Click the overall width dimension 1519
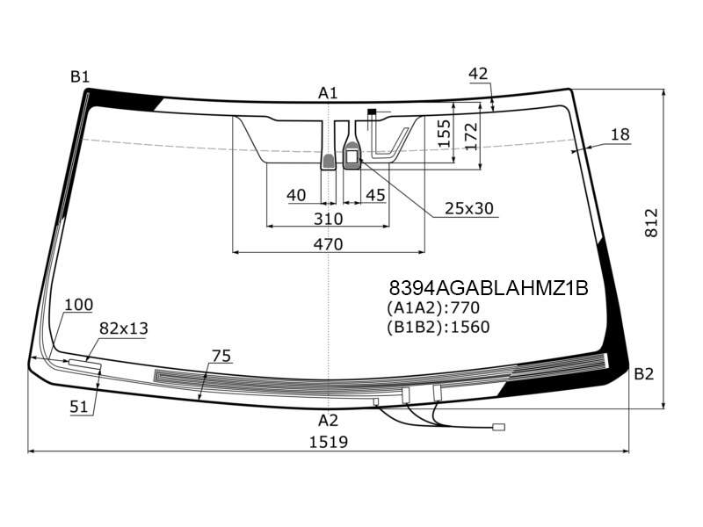pos(329,443)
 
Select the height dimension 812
pos(651,223)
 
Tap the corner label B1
pos(80,77)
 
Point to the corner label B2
pos(644,374)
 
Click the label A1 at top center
pos(328,93)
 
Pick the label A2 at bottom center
pos(328,421)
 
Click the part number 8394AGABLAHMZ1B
pos(489,288)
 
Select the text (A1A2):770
pos(433,308)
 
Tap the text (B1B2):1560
pos(438,327)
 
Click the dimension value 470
pos(328,244)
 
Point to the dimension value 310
pos(328,219)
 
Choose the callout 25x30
pos(469,208)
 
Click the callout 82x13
pos(123,328)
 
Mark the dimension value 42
pos(478,74)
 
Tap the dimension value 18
pos(620,134)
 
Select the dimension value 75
pos(221,357)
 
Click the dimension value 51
pos(79,407)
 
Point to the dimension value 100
pos(79,305)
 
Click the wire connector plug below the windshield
pos(498,428)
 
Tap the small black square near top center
pos(372,112)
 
